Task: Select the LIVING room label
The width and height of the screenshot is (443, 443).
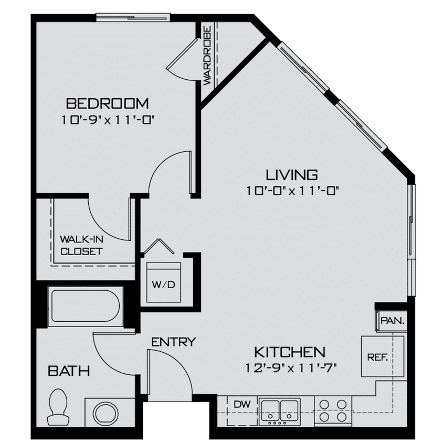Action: (291, 174)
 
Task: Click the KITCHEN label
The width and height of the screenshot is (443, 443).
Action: (290, 351)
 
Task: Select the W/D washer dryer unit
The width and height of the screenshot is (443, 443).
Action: (164, 282)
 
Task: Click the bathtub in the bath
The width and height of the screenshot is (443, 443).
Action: (85, 306)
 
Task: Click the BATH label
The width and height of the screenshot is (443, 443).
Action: (68, 371)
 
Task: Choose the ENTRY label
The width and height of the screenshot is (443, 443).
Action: (173, 342)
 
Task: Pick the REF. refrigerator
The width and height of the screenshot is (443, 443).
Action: (377, 357)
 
